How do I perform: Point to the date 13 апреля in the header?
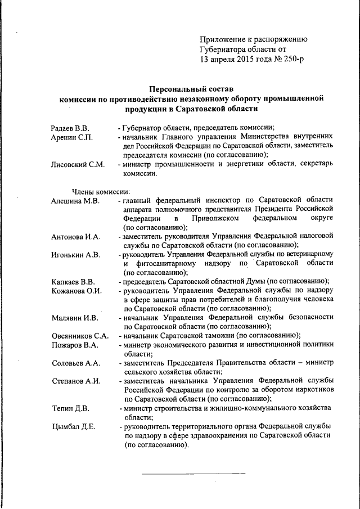click(x=220, y=60)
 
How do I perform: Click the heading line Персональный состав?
click(x=191, y=88)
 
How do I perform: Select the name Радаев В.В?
click(x=70, y=128)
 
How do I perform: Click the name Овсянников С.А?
click(x=79, y=335)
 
